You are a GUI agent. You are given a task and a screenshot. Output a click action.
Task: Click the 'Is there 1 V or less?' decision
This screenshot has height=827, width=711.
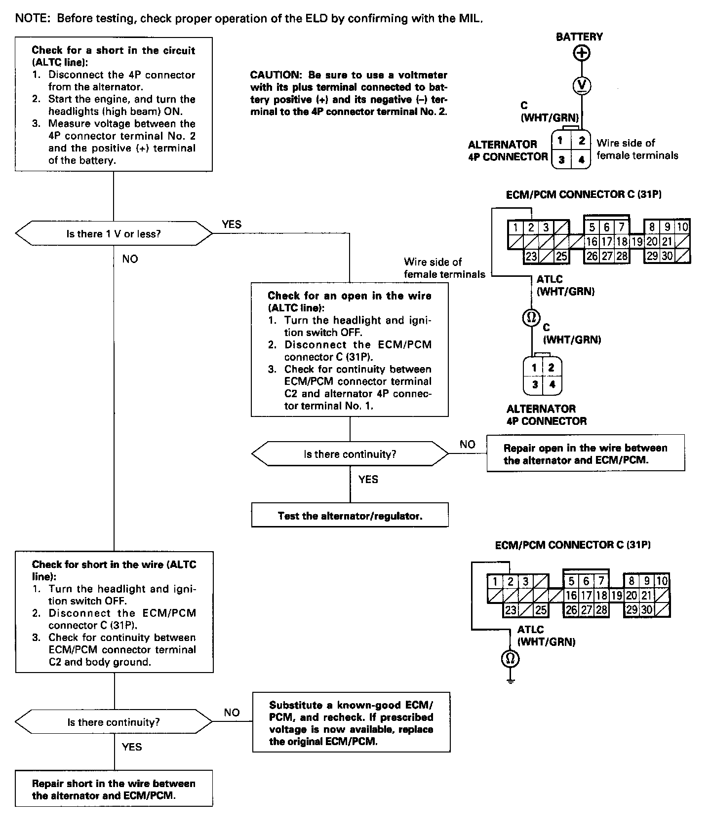(114, 233)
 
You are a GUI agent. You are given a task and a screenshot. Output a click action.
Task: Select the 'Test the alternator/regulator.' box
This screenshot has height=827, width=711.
(350, 516)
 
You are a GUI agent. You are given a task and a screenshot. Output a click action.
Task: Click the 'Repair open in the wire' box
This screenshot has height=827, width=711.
(585, 453)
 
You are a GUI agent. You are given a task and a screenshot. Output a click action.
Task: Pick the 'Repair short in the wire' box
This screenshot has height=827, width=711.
(114, 789)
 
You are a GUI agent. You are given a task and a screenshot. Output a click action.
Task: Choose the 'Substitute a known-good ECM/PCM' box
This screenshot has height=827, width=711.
(351, 722)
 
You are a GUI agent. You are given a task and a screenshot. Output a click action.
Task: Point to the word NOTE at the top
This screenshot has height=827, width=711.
(33, 19)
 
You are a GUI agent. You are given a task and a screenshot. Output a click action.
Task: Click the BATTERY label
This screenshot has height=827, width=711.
(579, 37)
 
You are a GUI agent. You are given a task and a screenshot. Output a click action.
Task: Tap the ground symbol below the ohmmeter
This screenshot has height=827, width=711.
(511, 680)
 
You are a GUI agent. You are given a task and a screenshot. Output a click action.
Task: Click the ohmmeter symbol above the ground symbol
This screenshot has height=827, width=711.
(511, 658)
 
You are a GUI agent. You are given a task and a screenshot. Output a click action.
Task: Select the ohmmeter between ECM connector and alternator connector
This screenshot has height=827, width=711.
(531, 318)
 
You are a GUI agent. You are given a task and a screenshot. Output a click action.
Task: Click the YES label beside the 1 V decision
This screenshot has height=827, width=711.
(232, 225)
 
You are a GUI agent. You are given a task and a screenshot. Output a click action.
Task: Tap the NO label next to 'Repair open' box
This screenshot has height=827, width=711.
(467, 444)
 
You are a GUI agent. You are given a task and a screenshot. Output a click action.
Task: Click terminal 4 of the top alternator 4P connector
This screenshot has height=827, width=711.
(581, 159)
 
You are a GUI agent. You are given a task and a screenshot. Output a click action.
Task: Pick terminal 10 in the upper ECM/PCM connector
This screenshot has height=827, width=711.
(682, 227)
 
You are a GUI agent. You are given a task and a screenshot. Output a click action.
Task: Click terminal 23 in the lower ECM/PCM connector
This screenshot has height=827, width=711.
(511, 610)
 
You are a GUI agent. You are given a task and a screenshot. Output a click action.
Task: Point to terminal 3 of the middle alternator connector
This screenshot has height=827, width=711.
(535, 384)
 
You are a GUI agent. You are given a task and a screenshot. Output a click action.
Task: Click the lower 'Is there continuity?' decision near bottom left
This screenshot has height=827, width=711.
(114, 722)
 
